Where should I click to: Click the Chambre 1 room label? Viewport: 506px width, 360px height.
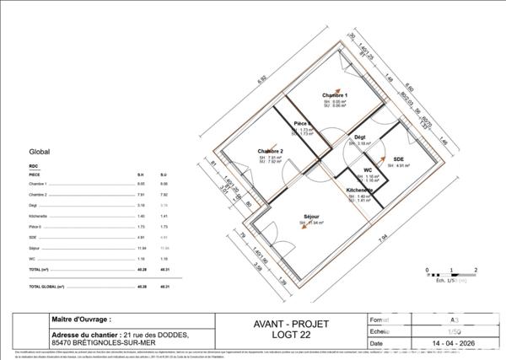tap(335, 95)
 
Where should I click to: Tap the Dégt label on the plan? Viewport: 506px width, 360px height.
tap(359, 137)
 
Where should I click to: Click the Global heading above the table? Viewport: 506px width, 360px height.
tap(40, 153)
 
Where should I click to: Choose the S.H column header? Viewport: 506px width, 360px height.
tap(141, 174)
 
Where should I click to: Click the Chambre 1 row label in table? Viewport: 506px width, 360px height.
tap(38, 183)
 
